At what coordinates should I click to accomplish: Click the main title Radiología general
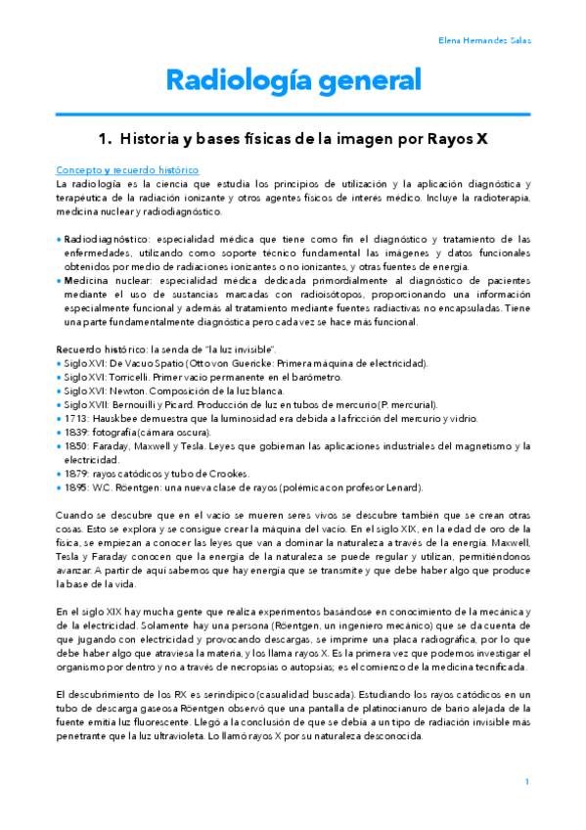(x=293, y=80)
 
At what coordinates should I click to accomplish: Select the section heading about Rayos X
(x=293, y=140)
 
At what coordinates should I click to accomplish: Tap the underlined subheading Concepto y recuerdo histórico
(x=127, y=169)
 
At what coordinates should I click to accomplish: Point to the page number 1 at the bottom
(x=526, y=781)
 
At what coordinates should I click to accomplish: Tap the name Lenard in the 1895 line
(x=402, y=486)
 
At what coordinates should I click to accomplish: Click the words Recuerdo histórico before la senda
(x=96, y=349)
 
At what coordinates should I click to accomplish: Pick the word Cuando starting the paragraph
(x=74, y=515)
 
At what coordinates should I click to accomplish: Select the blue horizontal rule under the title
(x=293, y=114)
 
